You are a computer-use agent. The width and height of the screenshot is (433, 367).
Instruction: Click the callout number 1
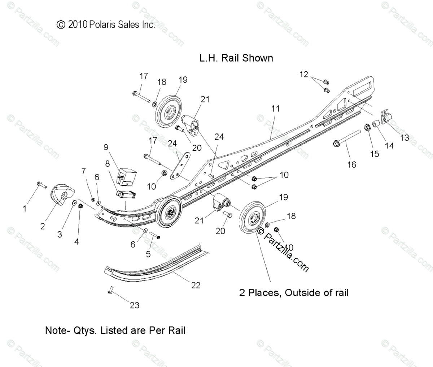click(x=25, y=208)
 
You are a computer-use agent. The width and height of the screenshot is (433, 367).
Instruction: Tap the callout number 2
click(x=43, y=226)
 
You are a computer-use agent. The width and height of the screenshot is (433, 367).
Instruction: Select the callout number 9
click(x=106, y=147)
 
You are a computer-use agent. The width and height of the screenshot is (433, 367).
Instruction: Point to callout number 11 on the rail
click(x=275, y=109)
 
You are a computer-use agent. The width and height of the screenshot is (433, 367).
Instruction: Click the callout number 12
click(x=304, y=75)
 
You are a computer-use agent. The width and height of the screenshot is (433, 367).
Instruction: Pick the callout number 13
click(x=404, y=137)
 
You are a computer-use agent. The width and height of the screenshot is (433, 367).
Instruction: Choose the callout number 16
click(x=351, y=164)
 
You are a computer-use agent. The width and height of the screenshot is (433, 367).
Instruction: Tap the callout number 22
click(x=196, y=285)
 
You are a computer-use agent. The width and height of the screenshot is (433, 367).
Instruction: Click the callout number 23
click(x=134, y=305)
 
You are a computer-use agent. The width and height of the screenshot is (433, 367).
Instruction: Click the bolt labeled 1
click(x=41, y=185)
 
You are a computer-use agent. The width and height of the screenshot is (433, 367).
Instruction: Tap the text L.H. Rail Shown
click(x=236, y=58)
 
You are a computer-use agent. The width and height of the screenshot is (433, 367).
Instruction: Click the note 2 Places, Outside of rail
click(x=294, y=292)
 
